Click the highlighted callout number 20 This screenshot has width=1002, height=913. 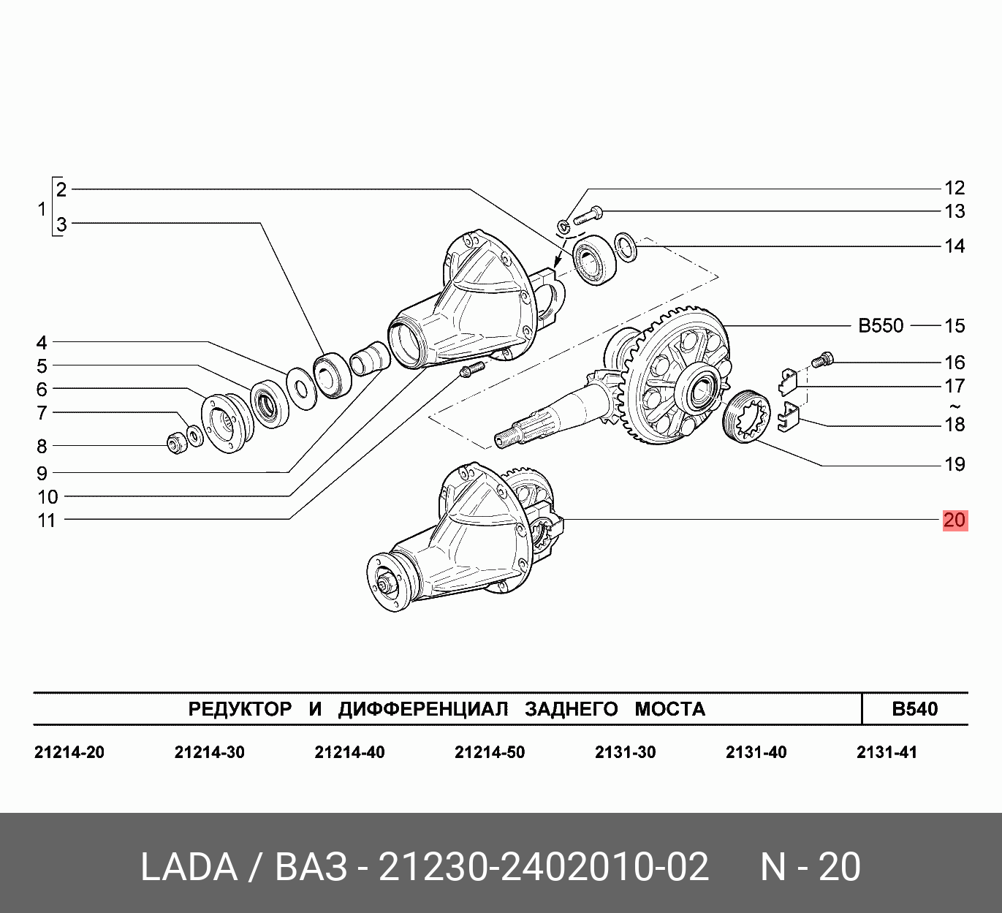(x=954, y=520)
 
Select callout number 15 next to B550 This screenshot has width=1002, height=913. (x=954, y=326)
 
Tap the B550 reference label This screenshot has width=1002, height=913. (x=881, y=326)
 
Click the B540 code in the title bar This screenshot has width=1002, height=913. (x=914, y=708)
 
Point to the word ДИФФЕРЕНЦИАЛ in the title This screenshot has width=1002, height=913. (x=422, y=708)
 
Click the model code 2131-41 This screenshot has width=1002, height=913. (x=887, y=752)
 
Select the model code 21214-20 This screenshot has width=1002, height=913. (x=69, y=752)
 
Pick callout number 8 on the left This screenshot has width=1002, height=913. (x=42, y=446)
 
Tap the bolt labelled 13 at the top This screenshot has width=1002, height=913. (x=588, y=216)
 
